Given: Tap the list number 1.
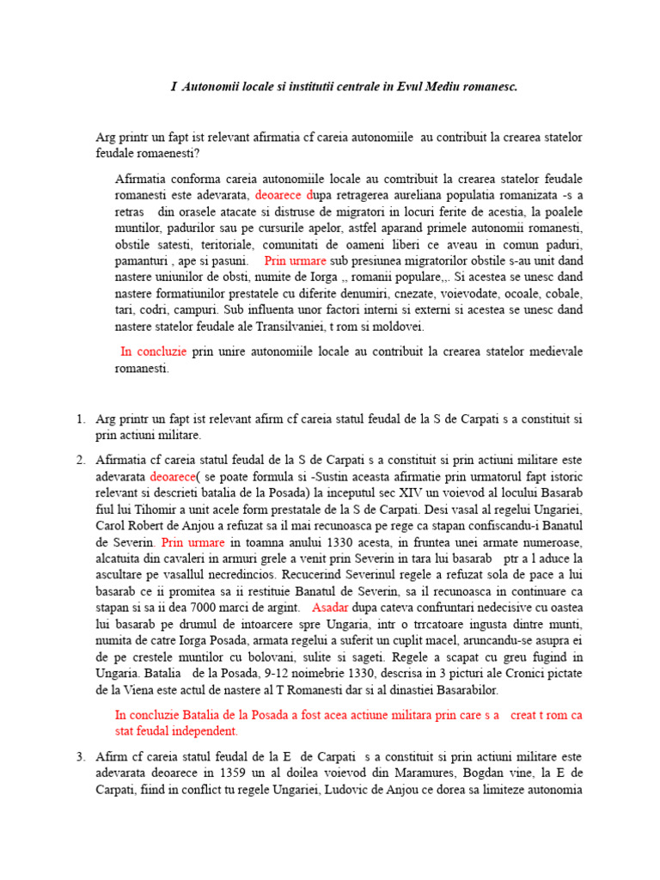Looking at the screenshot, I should point(79,419).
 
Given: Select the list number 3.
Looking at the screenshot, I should point(79,756).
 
